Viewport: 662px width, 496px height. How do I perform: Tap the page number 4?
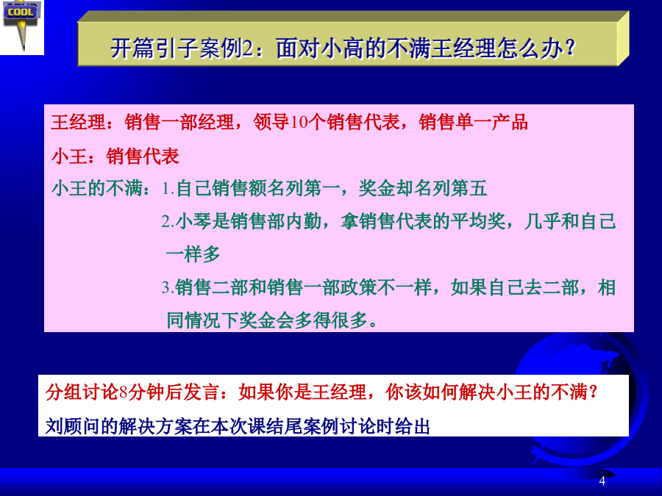(602, 481)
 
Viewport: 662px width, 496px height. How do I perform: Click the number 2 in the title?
(247, 48)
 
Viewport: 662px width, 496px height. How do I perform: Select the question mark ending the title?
(570, 48)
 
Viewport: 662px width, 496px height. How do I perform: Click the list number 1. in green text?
(168, 188)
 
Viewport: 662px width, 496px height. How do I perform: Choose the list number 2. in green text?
(168, 221)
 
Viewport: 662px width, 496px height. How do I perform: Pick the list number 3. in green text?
(168, 287)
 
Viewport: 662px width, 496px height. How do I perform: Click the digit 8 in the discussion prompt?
(124, 392)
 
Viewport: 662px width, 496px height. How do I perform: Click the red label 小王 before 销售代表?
(69, 156)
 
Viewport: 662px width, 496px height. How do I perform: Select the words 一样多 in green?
(193, 254)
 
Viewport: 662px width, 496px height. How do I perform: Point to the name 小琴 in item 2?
(193, 221)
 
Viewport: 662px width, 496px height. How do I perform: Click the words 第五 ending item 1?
(469, 188)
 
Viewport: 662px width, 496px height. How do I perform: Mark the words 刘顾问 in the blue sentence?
(73, 426)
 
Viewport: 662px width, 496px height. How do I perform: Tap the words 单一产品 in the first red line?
(491, 122)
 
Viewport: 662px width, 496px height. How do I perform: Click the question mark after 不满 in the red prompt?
(593, 392)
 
